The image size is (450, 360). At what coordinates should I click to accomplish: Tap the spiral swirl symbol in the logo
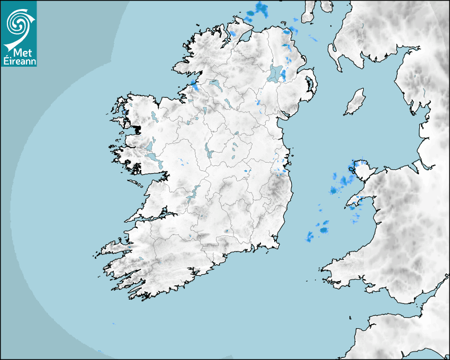point(17,23)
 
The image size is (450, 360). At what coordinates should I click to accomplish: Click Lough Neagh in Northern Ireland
point(275,73)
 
